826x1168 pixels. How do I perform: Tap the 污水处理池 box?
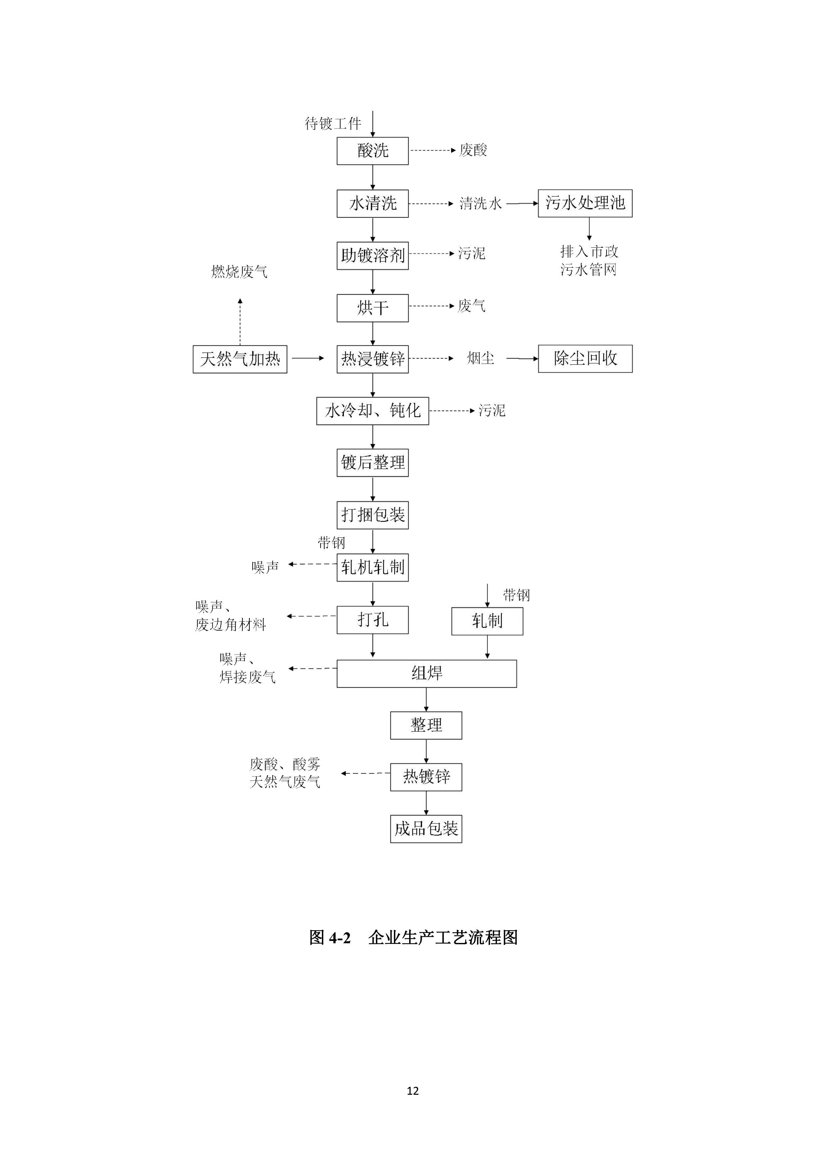pyautogui.click(x=585, y=203)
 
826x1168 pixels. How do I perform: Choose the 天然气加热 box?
pyautogui.click(x=240, y=359)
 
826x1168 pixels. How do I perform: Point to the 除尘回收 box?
pyautogui.click(x=585, y=359)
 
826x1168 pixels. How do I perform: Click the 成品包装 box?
pyautogui.click(x=426, y=829)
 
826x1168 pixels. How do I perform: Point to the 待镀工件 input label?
pyautogui.click(x=333, y=124)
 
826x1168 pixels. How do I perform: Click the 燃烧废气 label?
pyautogui.click(x=239, y=272)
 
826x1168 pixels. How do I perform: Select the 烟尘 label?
pyautogui.click(x=480, y=358)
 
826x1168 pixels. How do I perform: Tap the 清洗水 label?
pyautogui.click(x=480, y=203)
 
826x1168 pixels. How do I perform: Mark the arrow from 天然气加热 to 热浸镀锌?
pyautogui.click(x=308, y=358)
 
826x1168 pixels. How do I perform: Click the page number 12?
pyautogui.click(x=413, y=1091)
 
